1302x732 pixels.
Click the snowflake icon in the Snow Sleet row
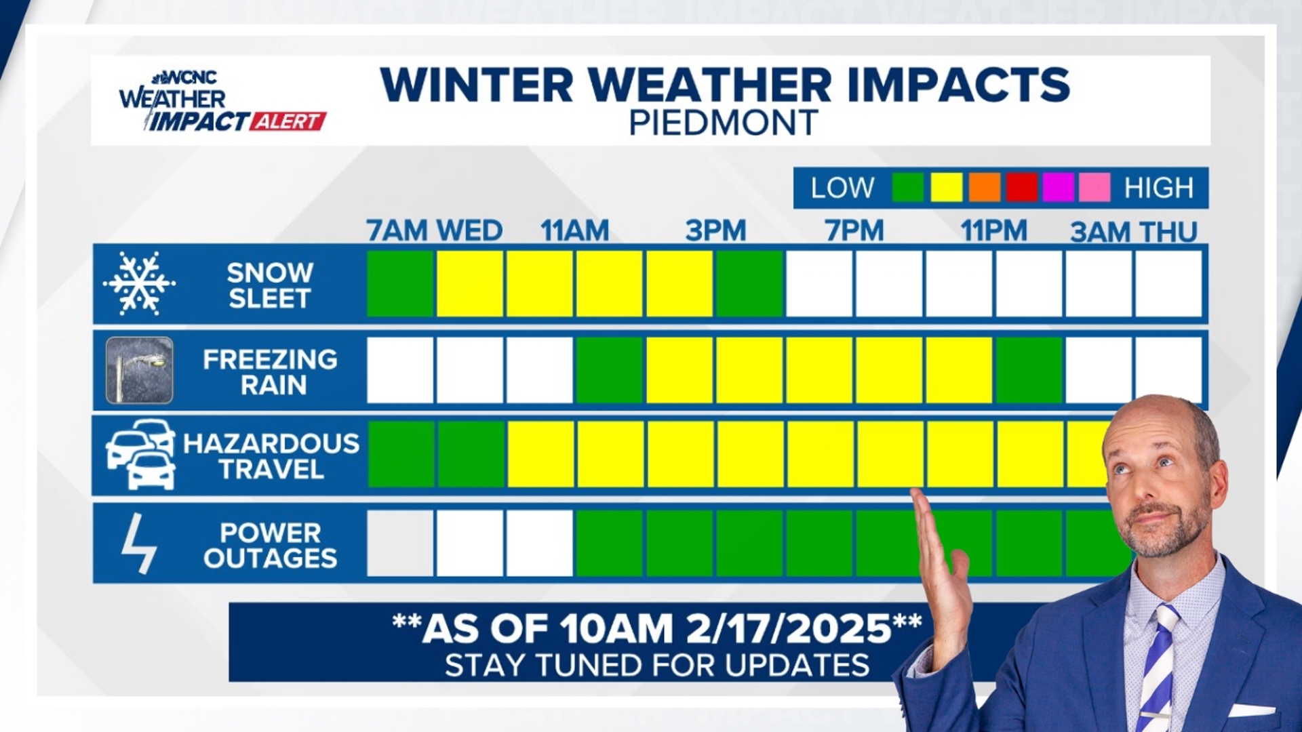click(x=139, y=283)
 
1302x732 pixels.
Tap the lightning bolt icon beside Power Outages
click(x=138, y=544)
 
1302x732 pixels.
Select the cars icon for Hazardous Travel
click(x=141, y=454)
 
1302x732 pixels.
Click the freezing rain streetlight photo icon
click(x=140, y=370)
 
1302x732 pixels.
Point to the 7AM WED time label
click(x=434, y=231)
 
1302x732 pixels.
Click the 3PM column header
click(x=715, y=231)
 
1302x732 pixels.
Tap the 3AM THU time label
click(x=1134, y=232)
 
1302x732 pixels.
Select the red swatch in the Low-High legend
click(x=1021, y=188)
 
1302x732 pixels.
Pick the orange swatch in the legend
click(x=984, y=188)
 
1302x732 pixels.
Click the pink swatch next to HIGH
click(x=1094, y=188)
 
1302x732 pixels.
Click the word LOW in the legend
click(x=842, y=188)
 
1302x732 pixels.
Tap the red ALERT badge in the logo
click(x=288, y=121)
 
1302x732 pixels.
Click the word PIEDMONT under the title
click(x=724, y=123)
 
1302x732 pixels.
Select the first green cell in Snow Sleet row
click(x=400, y=283)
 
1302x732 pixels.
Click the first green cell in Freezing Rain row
click(x=609, y=370)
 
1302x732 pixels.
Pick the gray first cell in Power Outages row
click(x=400, y=544)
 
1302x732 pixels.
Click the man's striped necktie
click(x=1158, y=671)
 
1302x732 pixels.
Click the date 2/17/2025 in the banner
click(x=789, y=629)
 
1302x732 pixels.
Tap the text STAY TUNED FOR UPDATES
click(x=656, y=666)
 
